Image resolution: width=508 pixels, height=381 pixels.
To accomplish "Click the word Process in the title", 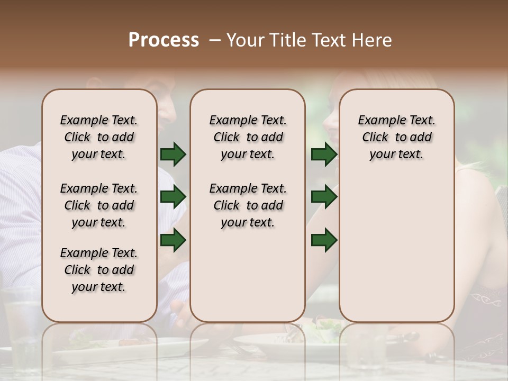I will pyautogui.click(x=164, y=40).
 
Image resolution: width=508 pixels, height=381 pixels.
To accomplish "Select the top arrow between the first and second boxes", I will pyautogui.click(x=173, y=155).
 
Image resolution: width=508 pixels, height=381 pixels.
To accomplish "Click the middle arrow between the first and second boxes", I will pyautogui.click(x=173, y=197).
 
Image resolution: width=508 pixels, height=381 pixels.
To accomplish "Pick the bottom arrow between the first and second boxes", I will pyautogui.click(x=173, y=240).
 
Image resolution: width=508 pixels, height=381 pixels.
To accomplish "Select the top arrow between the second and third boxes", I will pyautogui.click(x=324, y=155).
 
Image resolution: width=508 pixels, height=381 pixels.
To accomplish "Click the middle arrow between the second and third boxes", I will pyautogui.click(x=324, y=197).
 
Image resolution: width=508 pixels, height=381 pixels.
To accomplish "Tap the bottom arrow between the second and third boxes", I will pyautogui.click(x=324, y=240).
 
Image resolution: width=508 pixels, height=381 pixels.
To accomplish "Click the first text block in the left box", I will pyautogui.click(x=99, y=137).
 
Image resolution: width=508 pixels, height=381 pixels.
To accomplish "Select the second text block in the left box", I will pyautogui.click(x=99, y=205).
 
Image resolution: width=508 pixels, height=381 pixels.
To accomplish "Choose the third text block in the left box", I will pyautogui.click(x=99, y=270).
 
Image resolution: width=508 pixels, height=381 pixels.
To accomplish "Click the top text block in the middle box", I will pyautogui.click(x=248, y=137).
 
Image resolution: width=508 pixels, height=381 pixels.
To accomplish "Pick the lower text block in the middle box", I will pyautogui.click(x=248, y=205).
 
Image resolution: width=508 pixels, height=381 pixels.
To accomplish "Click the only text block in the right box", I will pyautogui.click(x=396, y=137).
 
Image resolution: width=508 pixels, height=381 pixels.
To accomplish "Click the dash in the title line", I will pyautogui.click(x=215, y=40).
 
